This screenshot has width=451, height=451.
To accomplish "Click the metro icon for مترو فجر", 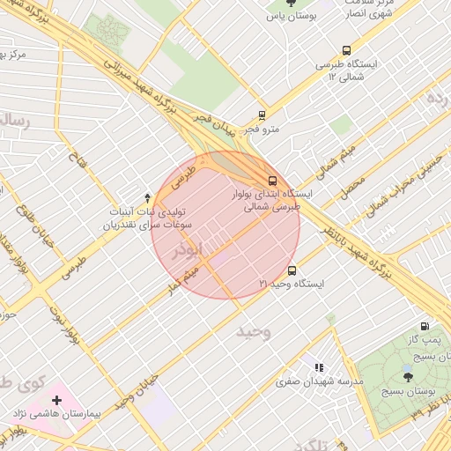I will click(262, 115).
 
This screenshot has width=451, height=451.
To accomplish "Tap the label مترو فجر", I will click(262, 129).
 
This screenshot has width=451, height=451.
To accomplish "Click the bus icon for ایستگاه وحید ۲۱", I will click(292, 270).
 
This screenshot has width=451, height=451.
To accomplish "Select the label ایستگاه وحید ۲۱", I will click(292, 285).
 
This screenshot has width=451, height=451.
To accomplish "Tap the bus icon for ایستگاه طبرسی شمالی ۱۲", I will click(346, 51).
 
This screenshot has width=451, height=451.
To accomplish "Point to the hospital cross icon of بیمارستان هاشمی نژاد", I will click(57, 401).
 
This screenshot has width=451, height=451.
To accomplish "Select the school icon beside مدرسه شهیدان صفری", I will click(319, 367).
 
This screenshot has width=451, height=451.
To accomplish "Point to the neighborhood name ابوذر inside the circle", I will click(189, 250).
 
